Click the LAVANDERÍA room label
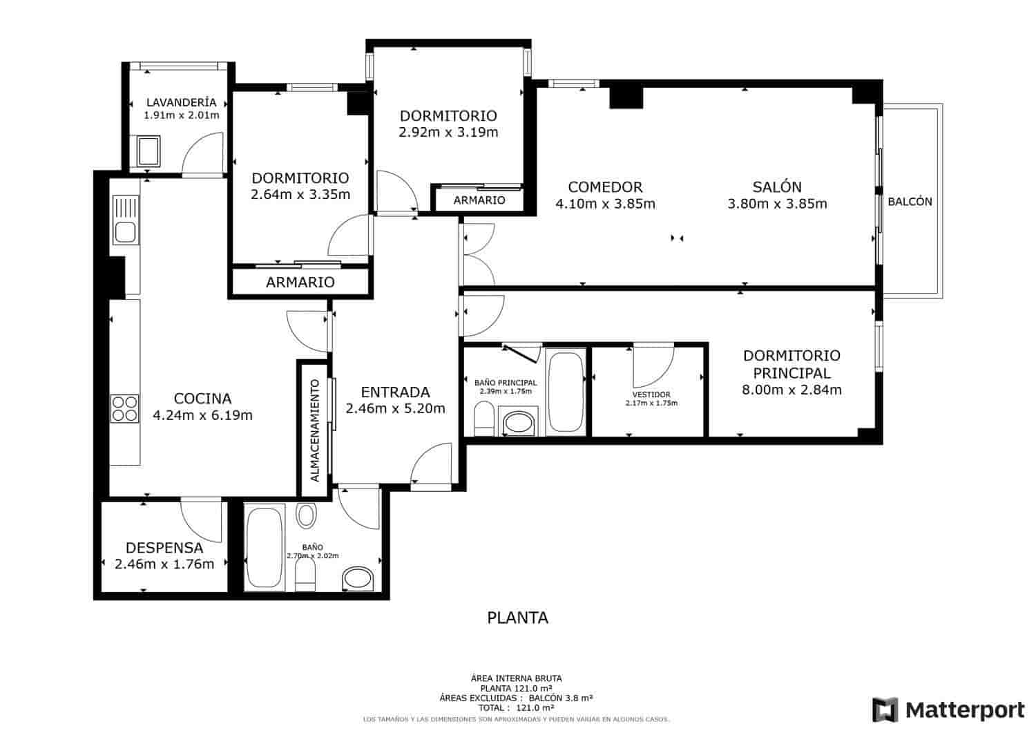coord(181,102)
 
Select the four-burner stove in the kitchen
coord(125,408)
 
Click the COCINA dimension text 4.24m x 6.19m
coord(202,415)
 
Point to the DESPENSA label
coord(164,548)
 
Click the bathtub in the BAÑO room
coord(265,548)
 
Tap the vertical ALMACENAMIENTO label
coord(315,430)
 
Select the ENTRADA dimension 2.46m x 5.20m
coord(395,408)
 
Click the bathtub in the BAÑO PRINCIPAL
coord(566,391)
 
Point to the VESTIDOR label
coord(651,395)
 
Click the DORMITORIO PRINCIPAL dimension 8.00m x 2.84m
coord(792,390)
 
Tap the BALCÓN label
coord(910,202)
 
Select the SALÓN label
coord(777,187)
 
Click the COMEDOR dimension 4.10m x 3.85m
coord(605,204)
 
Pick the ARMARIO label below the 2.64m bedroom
coord(300,282)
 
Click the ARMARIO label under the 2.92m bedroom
coord(479,200)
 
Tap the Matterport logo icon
coord(885,710)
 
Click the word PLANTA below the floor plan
coord(517,618)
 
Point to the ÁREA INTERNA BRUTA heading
coord(517,678)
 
